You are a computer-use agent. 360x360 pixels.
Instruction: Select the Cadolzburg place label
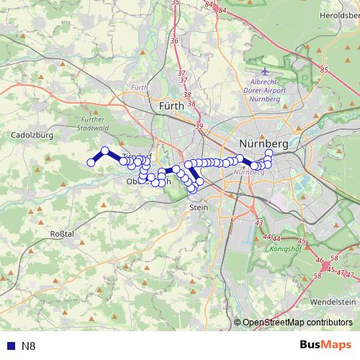[x=30, y=134]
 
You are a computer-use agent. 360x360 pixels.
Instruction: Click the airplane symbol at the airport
[x=264, y=72]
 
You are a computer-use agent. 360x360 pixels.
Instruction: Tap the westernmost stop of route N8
[x=91, y=163]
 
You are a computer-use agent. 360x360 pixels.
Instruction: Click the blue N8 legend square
[x=8, y=346]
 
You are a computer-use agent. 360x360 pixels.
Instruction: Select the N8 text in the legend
[x=29, y=346]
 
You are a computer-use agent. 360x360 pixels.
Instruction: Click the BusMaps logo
[x=326, y=346]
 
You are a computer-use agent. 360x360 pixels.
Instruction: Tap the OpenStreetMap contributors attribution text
[x=296, y=323]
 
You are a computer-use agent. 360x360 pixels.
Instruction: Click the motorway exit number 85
[x=324, y=70]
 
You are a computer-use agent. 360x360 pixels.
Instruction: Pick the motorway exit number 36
[x=174, y=41]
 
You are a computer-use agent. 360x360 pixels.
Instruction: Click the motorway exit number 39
[x=199, y=127]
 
